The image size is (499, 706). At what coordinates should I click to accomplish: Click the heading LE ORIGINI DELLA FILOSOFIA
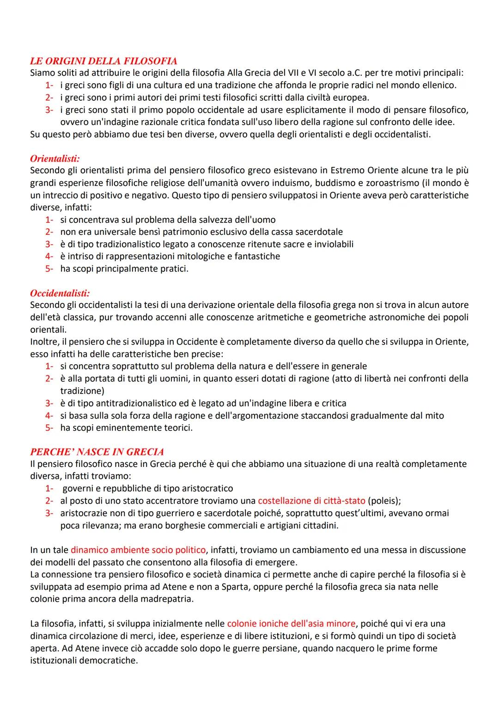tap(103, 61)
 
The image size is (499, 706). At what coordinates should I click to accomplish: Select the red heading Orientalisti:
tap(55, 159)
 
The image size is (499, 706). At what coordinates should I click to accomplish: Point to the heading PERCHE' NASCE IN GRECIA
tap(97, 452)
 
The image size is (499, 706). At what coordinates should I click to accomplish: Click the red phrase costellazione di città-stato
tap(312, 501)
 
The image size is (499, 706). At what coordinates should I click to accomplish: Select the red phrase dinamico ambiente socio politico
tap(138, 550)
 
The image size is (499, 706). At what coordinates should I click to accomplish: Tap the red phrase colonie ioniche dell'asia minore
tap(292, 624)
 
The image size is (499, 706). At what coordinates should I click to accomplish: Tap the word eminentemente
tap(126, 428)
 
